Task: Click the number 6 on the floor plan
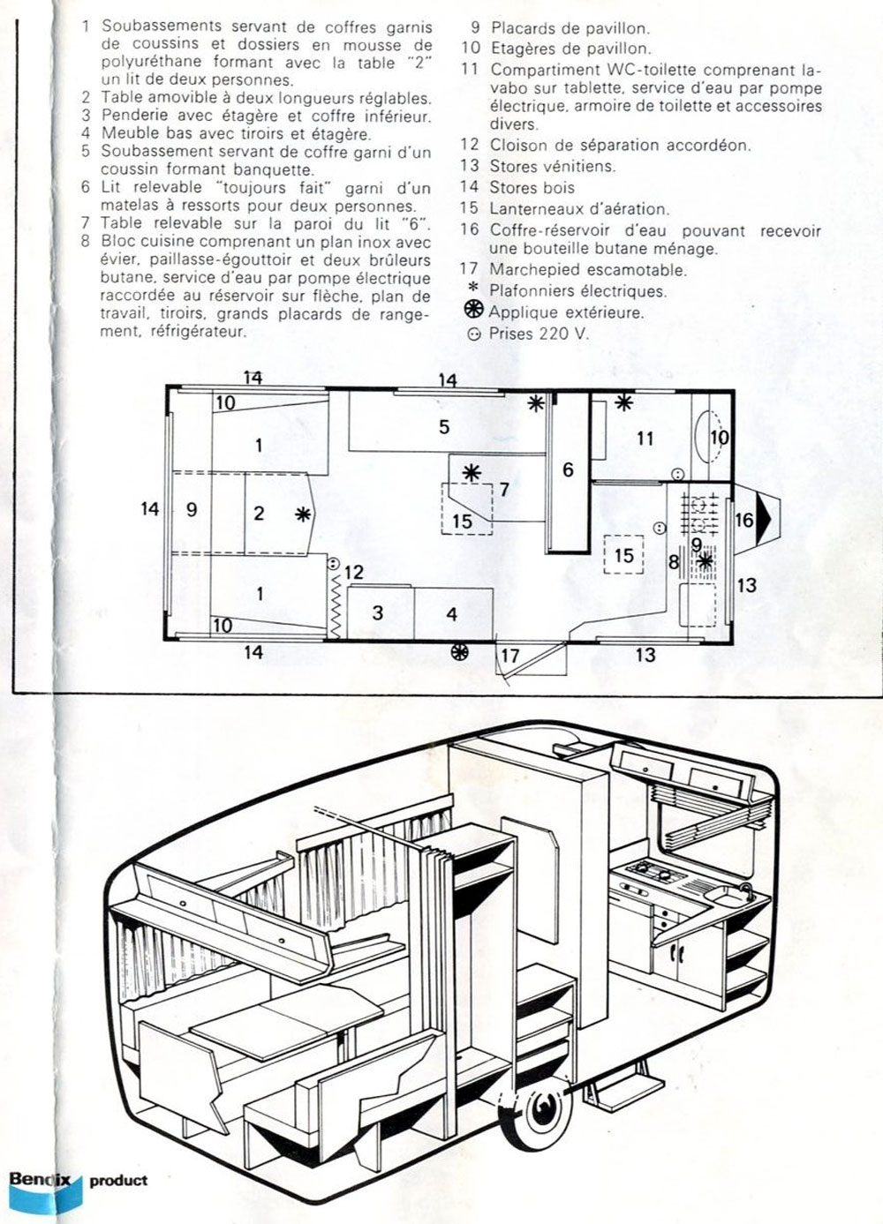click(568, 469)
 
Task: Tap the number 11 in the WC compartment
click(645, 439)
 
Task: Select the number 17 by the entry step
click(510, 655)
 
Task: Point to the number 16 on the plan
click(744, 520)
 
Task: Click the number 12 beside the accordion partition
click(354, 572)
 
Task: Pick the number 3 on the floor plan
click(377, 612)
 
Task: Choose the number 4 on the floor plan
click(451, 614)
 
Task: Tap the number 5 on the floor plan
click(444, 426)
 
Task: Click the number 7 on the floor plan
click(504, 489)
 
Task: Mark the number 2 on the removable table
click(259, 513)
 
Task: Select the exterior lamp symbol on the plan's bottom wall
click(460, 651)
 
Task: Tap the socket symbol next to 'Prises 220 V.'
click(474, 334)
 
